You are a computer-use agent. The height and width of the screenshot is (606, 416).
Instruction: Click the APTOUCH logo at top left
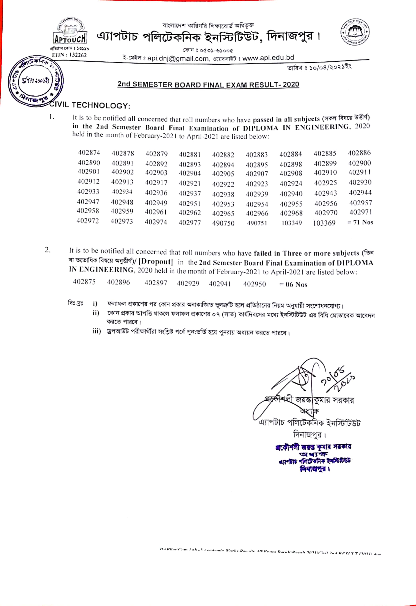tap(70, 32)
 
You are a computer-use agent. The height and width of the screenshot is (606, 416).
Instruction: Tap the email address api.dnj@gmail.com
tap(178, 58)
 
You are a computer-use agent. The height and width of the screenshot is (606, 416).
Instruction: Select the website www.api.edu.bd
tap(268, 58)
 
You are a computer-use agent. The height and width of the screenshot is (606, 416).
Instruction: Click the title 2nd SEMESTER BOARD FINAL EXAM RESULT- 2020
tap(208, 85)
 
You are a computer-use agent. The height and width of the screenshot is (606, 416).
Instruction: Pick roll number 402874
tap(89, 152)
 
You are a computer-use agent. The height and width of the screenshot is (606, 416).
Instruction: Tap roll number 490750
tap(223, 223)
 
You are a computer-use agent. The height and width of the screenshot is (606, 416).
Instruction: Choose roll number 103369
tap(324, 223)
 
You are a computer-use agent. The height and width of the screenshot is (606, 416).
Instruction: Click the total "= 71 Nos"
tap(360, 222)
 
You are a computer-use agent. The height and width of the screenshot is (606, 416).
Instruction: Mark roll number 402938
tap(223, 194)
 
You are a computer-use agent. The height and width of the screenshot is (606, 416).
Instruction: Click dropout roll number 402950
tap(254, 284)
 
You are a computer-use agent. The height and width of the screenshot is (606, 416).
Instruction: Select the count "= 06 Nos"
tap(293, 285)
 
